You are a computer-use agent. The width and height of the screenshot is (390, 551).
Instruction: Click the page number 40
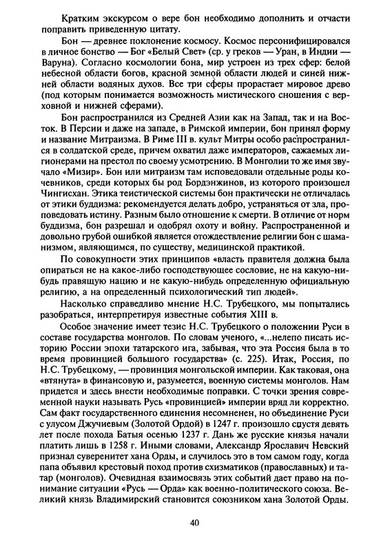point(195,523)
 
